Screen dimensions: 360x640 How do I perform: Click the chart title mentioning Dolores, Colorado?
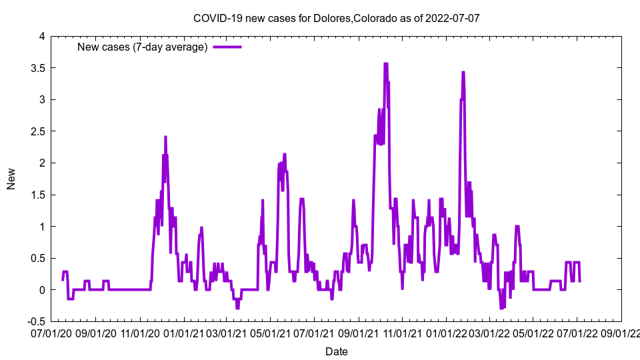[x=336, y=18]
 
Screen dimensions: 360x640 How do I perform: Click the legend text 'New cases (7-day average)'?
[x=143, y=47]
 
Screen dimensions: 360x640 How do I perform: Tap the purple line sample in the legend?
[x=227, y=47]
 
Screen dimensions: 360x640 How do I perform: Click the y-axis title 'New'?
[x=11, y=179]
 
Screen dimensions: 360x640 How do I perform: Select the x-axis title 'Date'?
[x=336, y=351]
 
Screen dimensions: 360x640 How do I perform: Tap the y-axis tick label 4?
[x=41, y=37]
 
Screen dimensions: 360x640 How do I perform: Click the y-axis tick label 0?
[x=41, y=290]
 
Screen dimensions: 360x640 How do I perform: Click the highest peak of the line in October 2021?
[x=385, y=63]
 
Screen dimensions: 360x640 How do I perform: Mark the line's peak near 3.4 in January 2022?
[x=463, y=72]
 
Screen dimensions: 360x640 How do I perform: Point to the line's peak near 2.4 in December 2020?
[x=165, y=137]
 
